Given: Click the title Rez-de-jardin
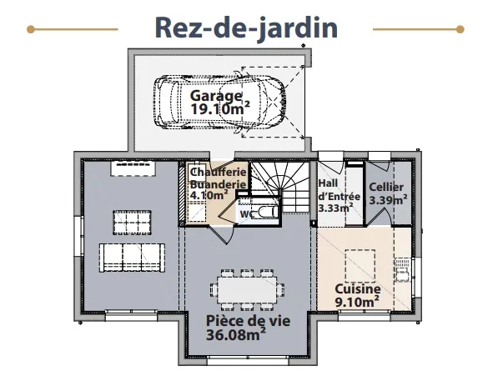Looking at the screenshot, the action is click(246, 28).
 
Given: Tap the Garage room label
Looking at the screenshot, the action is click(216, 96).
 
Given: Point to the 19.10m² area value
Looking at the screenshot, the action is click(220, 108).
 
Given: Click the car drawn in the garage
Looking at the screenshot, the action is click(219, 102).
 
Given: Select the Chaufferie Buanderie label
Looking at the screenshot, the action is click(219, 178).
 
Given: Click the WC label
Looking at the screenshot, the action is click(247, 214).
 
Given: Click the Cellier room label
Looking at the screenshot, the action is click(386, 187).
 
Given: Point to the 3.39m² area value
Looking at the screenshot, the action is click(388, 200).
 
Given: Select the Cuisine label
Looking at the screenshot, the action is click(358, 289).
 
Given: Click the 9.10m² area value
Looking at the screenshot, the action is click(357, 302).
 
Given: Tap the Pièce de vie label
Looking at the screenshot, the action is click(248, 321).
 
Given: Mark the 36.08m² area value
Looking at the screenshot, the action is click(236, 334).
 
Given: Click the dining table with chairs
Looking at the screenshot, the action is click(248, 289).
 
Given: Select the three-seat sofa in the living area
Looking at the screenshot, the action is click(132, 258).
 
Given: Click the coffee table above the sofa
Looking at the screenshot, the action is click(132, 223).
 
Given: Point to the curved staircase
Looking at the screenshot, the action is click(281, 187).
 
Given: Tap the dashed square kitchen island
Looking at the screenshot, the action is click(360, 266).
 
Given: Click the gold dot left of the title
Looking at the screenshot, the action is click(31, 29).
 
